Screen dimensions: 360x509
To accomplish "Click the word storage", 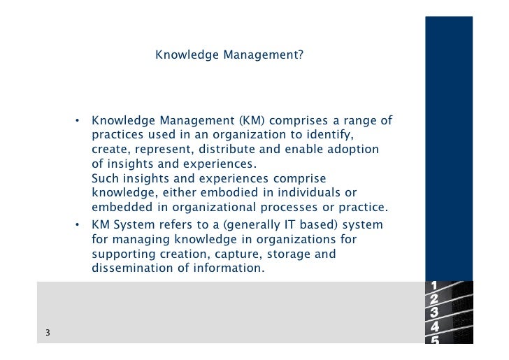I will (x=285, y=254).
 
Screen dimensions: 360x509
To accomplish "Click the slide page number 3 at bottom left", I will (x=47, y=333).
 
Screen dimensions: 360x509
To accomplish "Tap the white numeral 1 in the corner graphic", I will (x=434, y=285).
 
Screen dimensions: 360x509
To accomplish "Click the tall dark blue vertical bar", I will (x=449, y=140).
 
